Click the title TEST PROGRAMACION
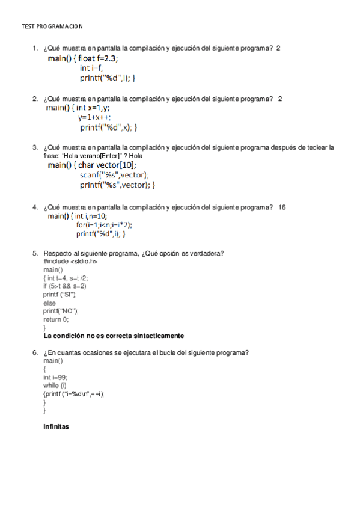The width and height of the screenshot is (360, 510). pos(52,27)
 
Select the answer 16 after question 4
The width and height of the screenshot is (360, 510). pos(282,207)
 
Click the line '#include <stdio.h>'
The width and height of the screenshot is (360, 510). pos(70,262)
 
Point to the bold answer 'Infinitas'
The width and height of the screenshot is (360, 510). pos(56,427)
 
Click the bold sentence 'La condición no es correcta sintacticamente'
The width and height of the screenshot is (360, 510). pos(114,336)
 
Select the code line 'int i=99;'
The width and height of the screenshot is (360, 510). pos(55,377)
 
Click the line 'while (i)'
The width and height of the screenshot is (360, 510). pos(55,385)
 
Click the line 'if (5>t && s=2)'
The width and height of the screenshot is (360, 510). pos(64,286)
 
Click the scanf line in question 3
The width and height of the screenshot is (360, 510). pos(114,175)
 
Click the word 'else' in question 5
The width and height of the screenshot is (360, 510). pos(49,303)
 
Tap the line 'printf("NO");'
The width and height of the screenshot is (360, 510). pos(61,311)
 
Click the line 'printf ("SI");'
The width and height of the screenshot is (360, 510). pos(60,295)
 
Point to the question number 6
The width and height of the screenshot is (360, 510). pos(35,352)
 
